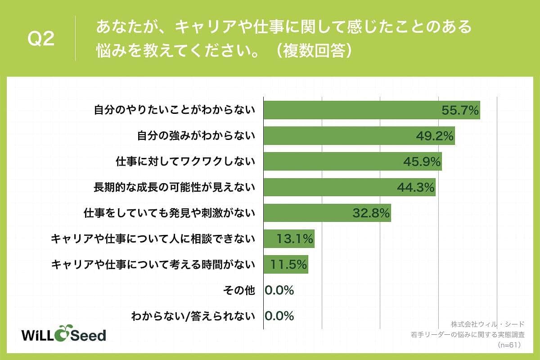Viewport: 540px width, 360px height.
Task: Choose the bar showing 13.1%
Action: point(288,238)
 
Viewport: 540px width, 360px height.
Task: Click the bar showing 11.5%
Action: point(285,264)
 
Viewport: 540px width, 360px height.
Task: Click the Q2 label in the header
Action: point(41,39)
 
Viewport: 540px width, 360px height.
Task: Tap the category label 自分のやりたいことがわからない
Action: point(175,110)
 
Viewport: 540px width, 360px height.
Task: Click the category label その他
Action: point(239,290)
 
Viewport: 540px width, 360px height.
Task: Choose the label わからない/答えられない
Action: point(193,316)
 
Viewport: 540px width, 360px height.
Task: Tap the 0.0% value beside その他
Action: point(279,290)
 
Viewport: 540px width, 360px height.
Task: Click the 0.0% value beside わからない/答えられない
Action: point(279,316)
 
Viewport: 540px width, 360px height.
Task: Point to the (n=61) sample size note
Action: point(509,345)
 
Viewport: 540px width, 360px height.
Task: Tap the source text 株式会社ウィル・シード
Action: point(487,324)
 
